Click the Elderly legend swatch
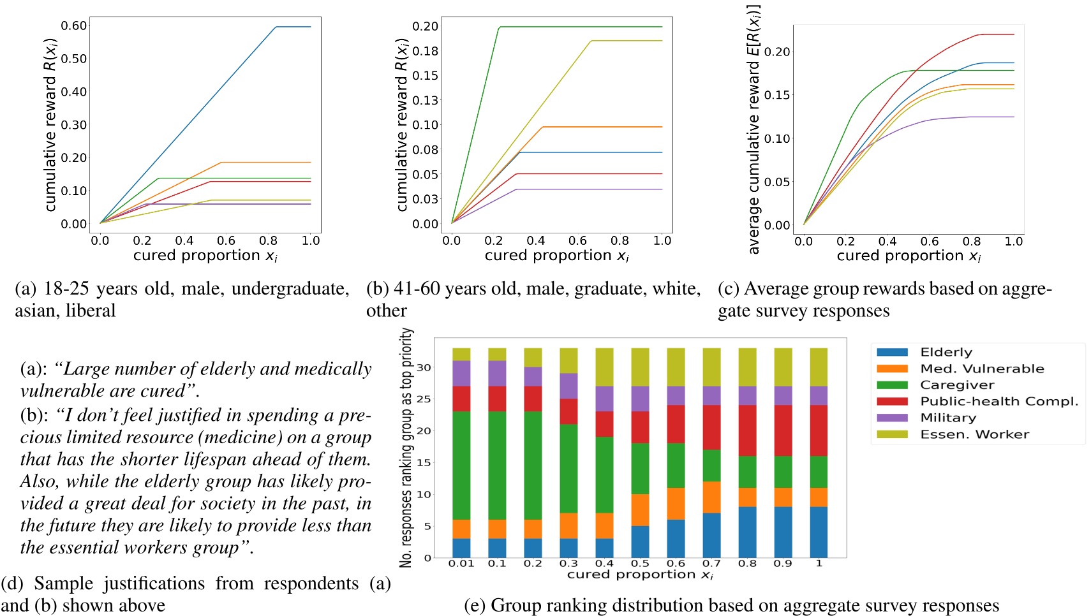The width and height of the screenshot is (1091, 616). pos(892,352)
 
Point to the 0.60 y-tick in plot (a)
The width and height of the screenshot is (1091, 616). pos(74,26)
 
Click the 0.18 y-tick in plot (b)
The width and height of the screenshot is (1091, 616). pos(426,50)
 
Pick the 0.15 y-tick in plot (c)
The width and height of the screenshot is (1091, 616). pos(777,95)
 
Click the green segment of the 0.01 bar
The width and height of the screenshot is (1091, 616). pos(461,466)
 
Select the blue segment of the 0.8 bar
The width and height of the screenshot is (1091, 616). pos(747,532)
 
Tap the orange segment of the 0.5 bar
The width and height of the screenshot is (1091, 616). pos(640,510)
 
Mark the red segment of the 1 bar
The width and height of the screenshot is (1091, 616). pos(819,430)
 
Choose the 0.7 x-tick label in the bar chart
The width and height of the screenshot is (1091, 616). pos(711,564)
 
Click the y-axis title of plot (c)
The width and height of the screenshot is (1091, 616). pos(754,128)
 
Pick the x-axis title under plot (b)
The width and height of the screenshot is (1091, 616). pos(556,256)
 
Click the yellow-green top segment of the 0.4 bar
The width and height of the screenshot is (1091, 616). pos(604,367)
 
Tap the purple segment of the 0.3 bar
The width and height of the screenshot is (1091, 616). pos(568,386)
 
